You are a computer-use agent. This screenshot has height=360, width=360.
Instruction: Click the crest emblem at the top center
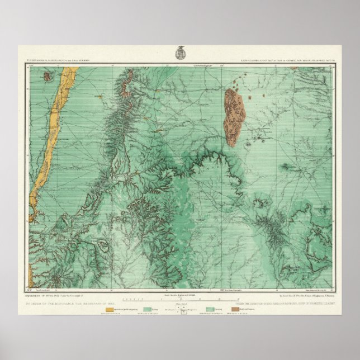point(181,53)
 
